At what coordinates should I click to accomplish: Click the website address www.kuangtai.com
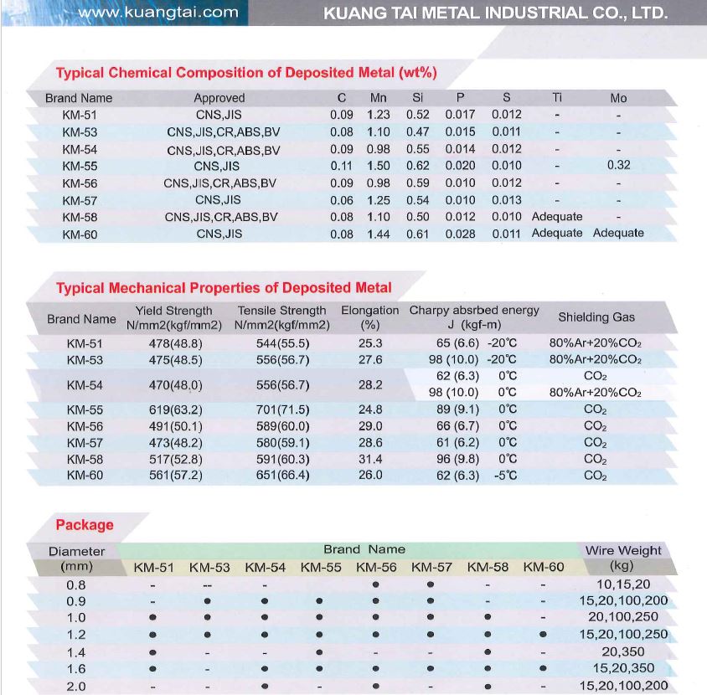(158, 12)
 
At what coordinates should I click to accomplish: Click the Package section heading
(85, 525)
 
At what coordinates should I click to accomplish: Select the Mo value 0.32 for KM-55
(618, 166)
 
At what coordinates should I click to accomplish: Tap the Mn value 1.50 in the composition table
(379, 166)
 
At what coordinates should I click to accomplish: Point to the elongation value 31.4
(369, 459)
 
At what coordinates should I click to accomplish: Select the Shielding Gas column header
(596, 317)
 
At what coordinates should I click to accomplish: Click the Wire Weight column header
(622, 550)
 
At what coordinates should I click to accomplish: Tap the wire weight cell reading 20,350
(623, 651)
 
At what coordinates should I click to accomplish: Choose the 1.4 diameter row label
(75, 651)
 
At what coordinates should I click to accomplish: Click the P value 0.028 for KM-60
(461, 234)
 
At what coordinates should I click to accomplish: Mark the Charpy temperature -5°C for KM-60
(507, 476)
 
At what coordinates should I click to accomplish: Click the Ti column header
(557, 98)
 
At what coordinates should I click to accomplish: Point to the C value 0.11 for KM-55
(342, 166)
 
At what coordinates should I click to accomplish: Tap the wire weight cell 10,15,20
(623, 584)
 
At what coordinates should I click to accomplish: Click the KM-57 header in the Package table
(431, 568)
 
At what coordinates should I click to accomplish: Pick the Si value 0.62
(417, 166)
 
